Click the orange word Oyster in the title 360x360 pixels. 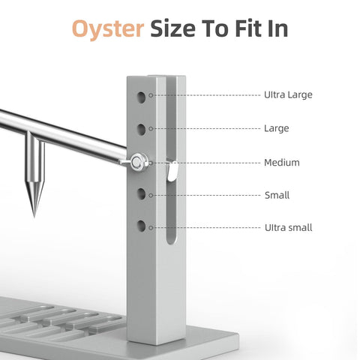[x=108, y=29]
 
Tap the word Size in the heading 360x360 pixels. [x=172, y=28]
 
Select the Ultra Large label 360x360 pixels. [x=288, y=95]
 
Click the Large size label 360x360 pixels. [x=277, y=128]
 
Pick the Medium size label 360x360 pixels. [x=282, y=163]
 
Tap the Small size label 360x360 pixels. [x=277, y=195]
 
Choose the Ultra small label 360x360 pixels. [x=289, y=228]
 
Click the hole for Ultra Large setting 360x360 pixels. [x=142, y=97]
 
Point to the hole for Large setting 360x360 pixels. [x=142, y=130]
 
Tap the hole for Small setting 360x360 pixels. [x=142, y=194]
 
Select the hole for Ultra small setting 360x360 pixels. [x=142, y=226]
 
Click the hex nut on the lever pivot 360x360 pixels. [x=136, y=162]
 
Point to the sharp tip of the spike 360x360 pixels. [x=34, y=216]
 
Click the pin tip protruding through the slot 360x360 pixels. [x=172, y=171]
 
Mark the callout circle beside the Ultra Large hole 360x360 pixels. [x=151, y=95]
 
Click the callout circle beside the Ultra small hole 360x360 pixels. [x=151, y=228]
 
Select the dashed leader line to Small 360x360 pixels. [x=206, y=196]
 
